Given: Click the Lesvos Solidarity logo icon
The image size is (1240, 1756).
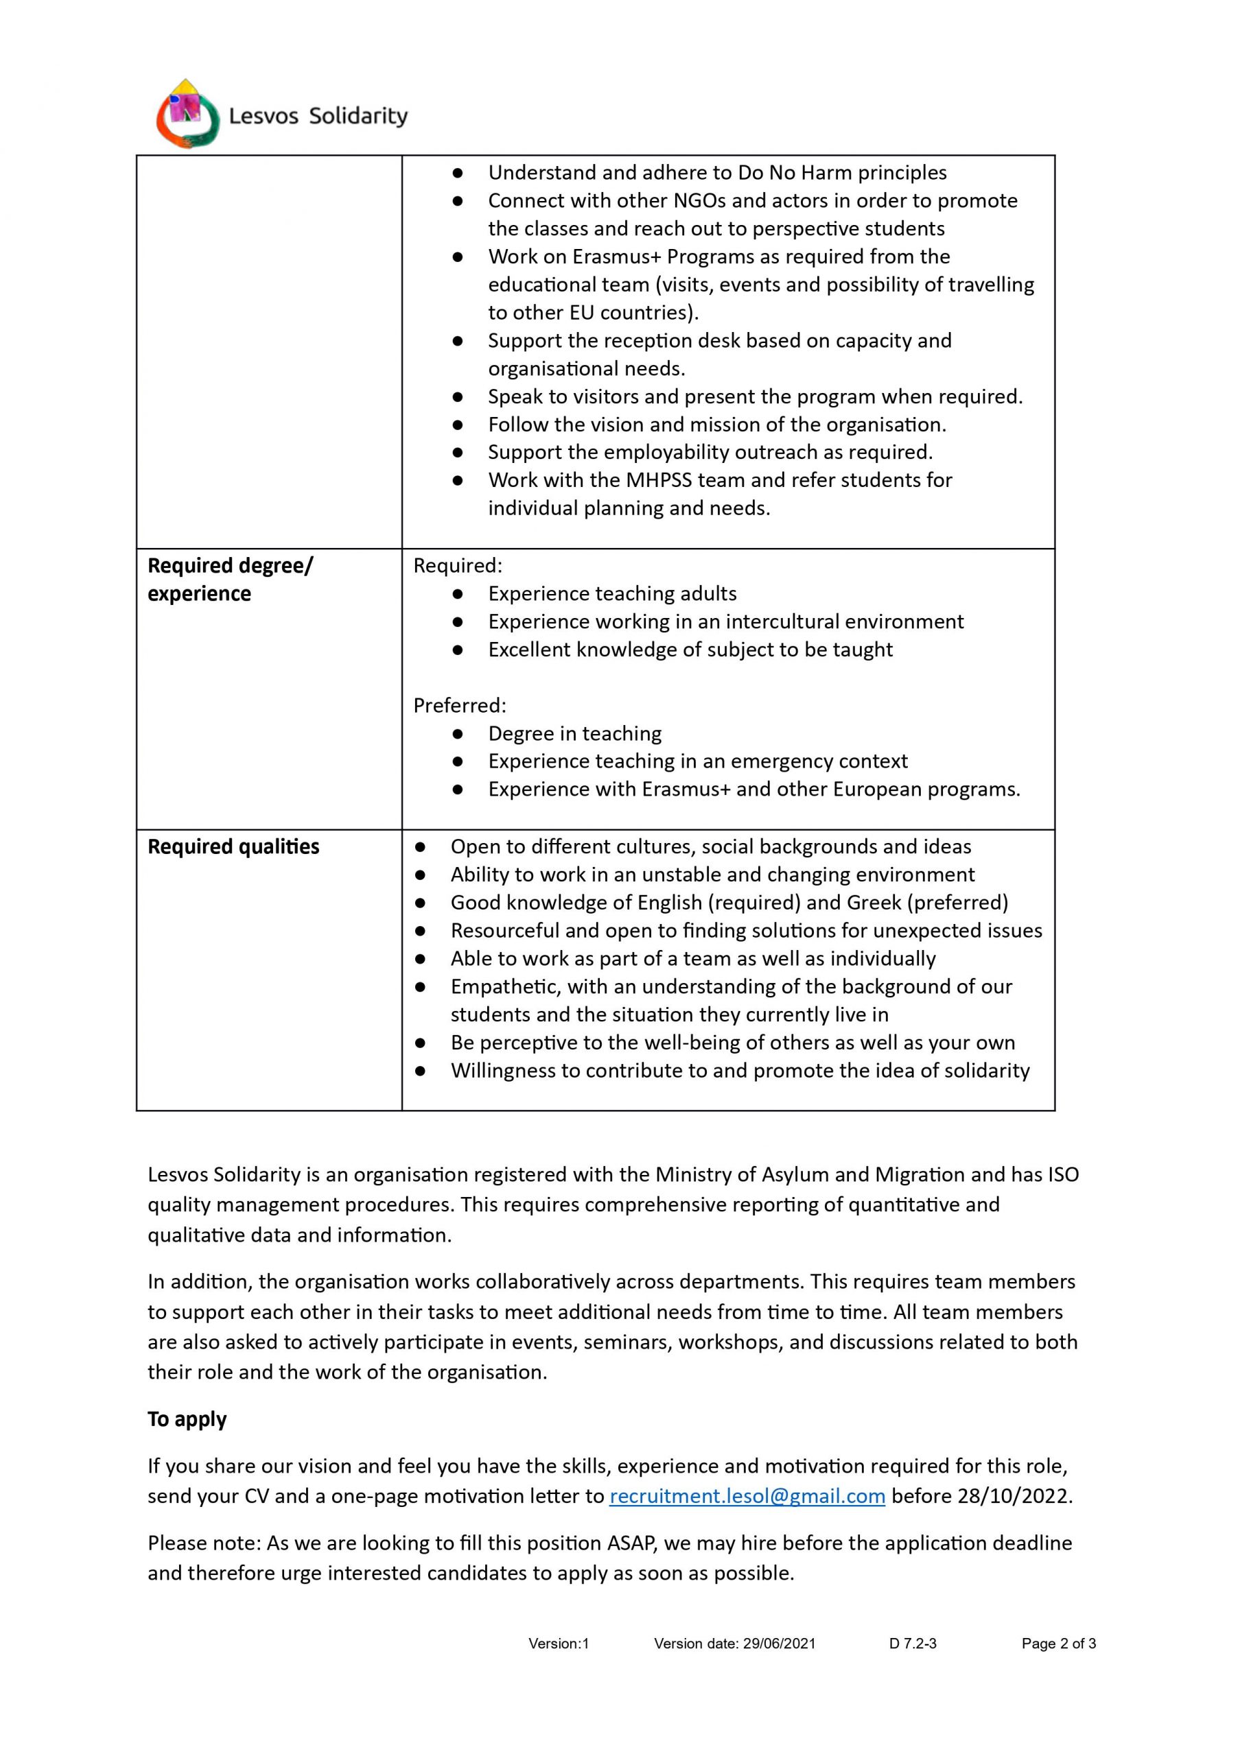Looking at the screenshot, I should pos(187,114).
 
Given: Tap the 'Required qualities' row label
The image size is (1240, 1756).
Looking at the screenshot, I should pos(233,846).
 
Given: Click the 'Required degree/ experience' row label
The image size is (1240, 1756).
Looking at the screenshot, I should pos(229,579).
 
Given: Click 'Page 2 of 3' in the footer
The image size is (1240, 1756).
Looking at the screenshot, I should pos(1058,1643).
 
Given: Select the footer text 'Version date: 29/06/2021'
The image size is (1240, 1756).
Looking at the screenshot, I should pos(734,1643).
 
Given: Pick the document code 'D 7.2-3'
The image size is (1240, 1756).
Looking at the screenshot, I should pos(913,1643).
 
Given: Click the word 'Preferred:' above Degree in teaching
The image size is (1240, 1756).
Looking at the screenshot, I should pos(460,705).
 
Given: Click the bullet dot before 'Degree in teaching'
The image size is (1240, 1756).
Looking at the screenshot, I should pos(458,733).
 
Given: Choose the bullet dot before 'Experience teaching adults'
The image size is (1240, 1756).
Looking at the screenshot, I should pos(458,593).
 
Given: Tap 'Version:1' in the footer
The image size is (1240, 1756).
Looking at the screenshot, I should pos(559,1643).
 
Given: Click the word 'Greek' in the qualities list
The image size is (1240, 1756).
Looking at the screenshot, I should pos(874,903).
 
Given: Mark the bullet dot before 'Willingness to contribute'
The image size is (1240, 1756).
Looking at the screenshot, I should pos(420,1071).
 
